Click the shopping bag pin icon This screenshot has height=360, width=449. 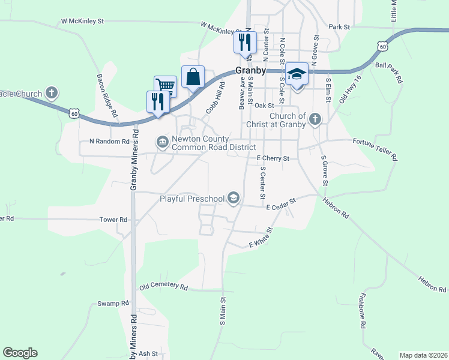click(x=193, y=77)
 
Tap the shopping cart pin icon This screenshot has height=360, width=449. click(x=165, y=85)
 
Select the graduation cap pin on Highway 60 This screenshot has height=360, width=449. click(x=297, y=74)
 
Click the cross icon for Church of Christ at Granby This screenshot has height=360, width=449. click(x=315, y=119)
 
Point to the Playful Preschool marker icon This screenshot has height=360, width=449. click(x=233, y=198)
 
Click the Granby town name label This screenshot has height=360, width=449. click(x=250, y=70)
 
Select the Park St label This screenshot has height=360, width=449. click(x=339, y=27)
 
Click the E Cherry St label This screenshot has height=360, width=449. click(x=273, y=158)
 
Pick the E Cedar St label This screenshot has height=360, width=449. click(x=282, y=205)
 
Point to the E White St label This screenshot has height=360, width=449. click(x=261, y=238)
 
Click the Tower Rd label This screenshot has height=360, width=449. click(x=114, y=220)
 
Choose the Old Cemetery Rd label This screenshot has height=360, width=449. click(x=164, y=287)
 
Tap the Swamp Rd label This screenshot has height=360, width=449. click(x=113, y=304)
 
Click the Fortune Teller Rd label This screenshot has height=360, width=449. click(x=375, y=149)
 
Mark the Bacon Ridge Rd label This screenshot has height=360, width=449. click(x=106, y=95)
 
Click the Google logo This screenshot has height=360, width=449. click(x=20, y=353)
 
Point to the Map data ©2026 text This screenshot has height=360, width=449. click(x=423, y=355)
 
